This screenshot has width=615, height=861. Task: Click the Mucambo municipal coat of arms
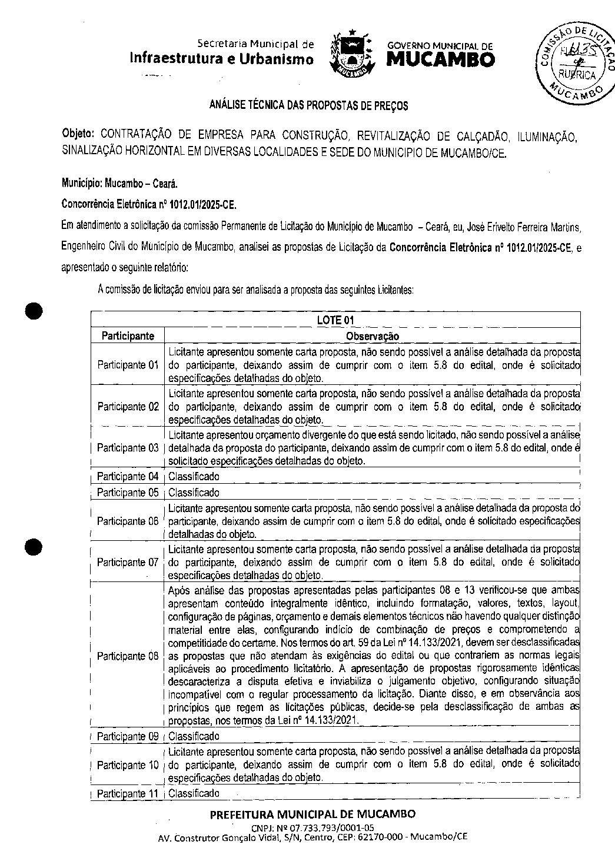351,54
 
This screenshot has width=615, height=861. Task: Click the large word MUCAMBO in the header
441,59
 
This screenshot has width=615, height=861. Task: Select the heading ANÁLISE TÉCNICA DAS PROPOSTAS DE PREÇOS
309,106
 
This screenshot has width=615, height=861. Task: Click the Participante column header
128,336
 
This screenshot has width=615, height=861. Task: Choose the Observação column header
372,336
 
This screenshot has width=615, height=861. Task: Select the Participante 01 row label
128,365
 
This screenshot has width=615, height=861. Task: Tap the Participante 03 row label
128,448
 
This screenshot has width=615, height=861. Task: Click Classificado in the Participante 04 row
194,476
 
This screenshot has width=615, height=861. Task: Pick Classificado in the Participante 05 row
194,493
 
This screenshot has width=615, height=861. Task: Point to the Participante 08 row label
128,656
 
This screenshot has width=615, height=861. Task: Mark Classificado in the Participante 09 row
194,736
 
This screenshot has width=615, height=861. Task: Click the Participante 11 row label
128,793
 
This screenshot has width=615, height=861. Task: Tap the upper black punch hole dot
35,311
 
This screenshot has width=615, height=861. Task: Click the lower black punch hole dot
35,546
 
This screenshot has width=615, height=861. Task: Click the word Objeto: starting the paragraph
79,135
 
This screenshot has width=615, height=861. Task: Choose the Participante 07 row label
128,562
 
